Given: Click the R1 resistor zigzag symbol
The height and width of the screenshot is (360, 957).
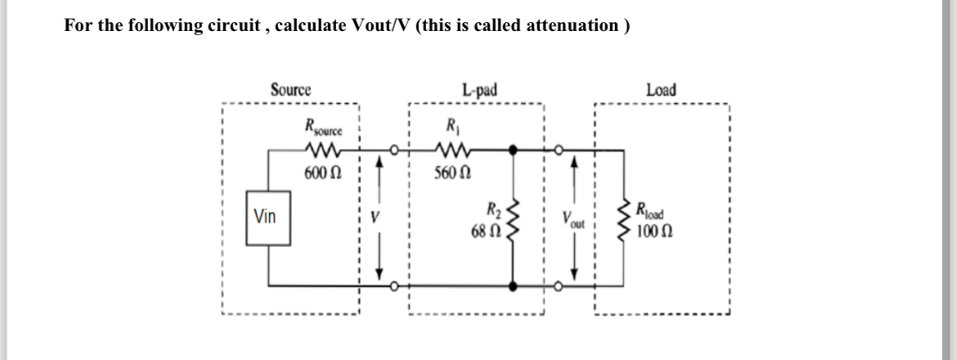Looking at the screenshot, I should click(451, 151).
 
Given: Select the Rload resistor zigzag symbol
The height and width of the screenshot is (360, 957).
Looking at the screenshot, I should click(627, 218).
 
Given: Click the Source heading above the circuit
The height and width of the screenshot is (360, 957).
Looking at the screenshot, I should click(290, 89).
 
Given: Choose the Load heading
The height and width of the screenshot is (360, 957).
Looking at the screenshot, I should click(661, 89).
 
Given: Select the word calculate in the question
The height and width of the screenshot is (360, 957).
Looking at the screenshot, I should click(313, 25).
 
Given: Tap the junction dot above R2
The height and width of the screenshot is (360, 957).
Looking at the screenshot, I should click(514, 151).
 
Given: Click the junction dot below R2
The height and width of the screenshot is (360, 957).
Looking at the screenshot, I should click(514, 286).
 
